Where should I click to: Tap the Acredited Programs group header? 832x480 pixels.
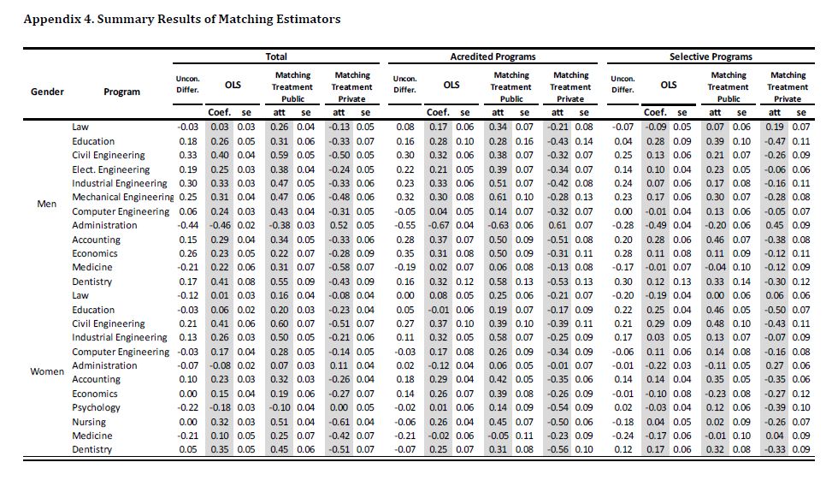493,56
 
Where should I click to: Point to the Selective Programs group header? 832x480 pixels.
711,56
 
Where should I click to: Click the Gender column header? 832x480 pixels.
47,92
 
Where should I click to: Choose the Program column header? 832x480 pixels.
121,92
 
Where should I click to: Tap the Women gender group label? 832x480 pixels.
48,372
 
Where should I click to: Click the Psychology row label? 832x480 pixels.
97,407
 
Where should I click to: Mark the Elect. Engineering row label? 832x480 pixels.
110,169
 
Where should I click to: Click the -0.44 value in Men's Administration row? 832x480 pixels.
187,226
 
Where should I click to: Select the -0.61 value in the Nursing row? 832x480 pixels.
343,422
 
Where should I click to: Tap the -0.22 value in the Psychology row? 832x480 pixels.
187,407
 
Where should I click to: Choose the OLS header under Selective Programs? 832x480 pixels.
669,85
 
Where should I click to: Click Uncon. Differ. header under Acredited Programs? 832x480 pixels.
404,85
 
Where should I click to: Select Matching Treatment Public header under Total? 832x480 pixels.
293,86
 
